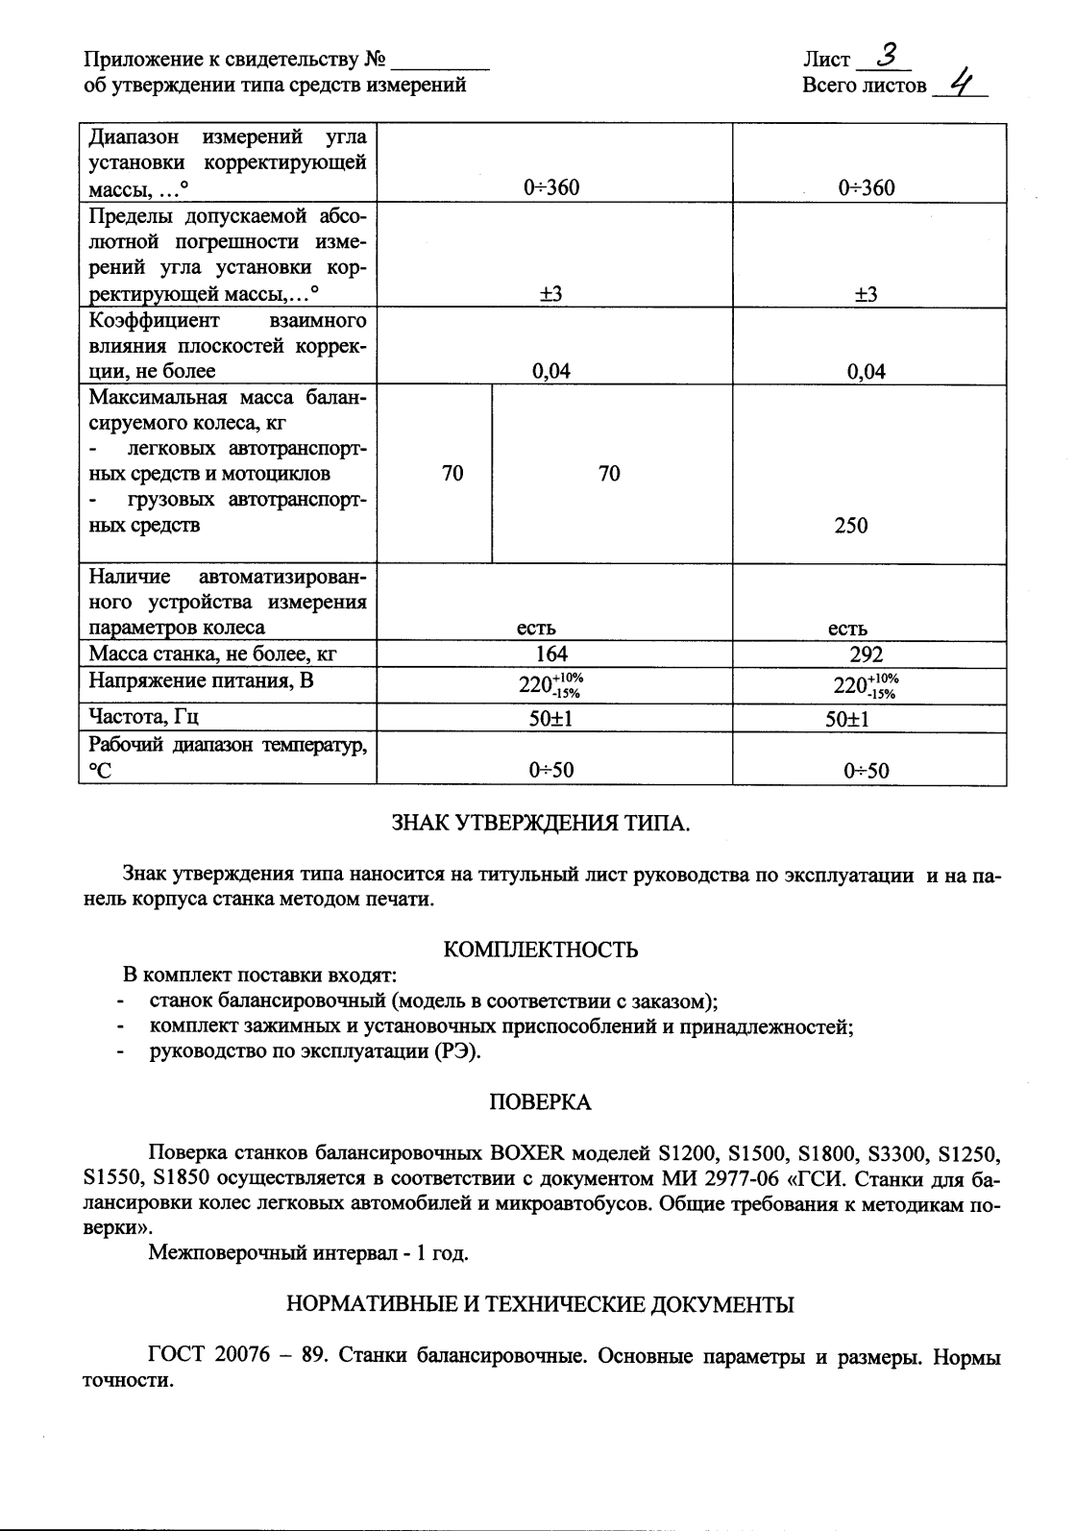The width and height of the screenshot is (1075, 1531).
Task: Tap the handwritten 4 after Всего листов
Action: (x=957, y=84)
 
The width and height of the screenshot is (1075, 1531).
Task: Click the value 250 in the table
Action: (x=850, y=525)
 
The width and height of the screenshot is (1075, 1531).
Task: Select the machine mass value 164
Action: (x=550, y=654)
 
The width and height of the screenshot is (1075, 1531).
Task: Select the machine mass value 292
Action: (x=866, y=654)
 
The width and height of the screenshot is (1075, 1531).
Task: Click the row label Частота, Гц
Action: (x=144, y=717)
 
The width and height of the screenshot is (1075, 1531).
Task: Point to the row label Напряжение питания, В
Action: (x=201, y=681)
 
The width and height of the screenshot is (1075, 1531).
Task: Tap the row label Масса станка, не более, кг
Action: (x=212, y=654)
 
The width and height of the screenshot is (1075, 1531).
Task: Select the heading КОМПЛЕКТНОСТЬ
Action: (x=540, y=950)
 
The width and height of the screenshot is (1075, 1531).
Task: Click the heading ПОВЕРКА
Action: (x=540, y=1102)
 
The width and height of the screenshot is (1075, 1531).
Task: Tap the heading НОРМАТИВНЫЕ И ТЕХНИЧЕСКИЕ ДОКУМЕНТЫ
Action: (x=540, y=1304)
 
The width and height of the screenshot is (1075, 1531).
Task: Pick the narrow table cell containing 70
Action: (x=452, y=473)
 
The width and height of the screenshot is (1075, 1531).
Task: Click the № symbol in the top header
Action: (x=376, y=60)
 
